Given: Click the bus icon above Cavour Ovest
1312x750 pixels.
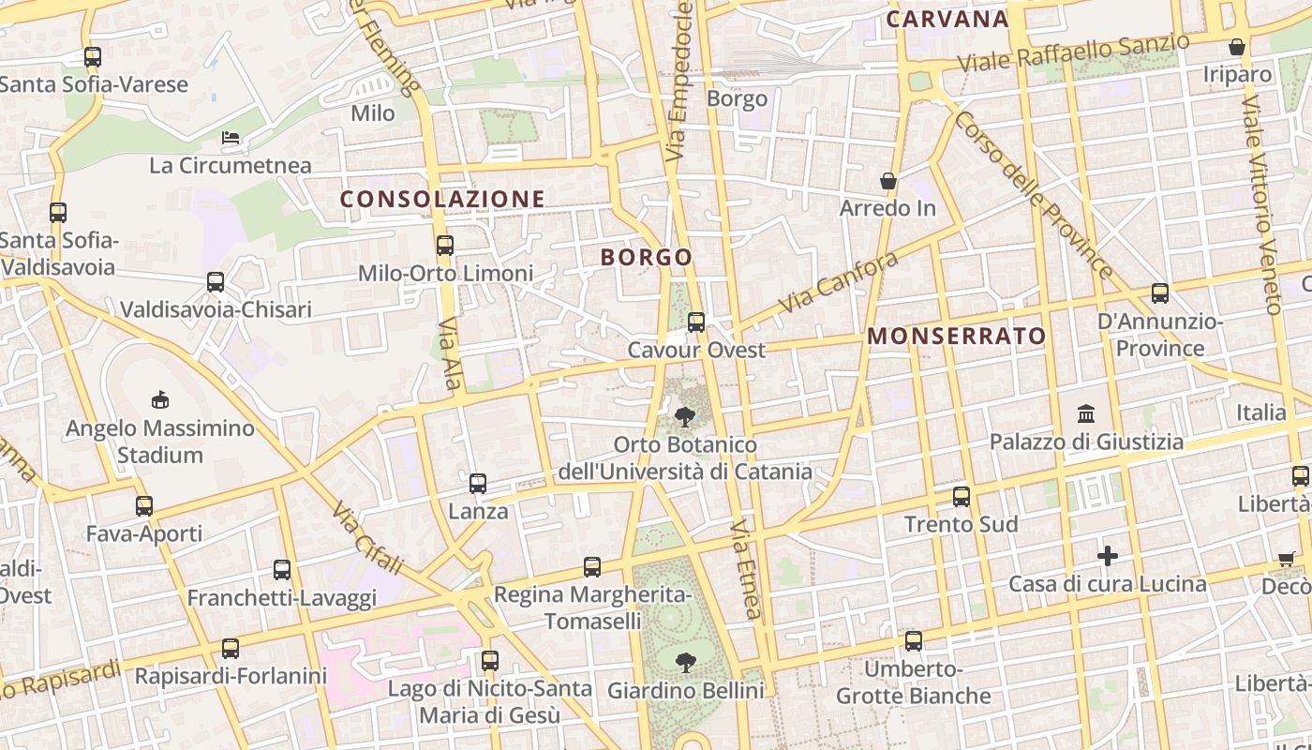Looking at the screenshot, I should tap(696, 322).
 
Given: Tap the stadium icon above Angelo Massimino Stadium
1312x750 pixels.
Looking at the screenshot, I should tap(160, 400).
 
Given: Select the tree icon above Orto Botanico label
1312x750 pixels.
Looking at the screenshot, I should tap(685, 416).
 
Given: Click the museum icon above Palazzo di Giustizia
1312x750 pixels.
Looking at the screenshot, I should tap(1086, 413).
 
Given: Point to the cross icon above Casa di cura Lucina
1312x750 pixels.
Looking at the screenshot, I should tap(1108, 556).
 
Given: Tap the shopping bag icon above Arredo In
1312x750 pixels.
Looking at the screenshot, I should tap(887, 181).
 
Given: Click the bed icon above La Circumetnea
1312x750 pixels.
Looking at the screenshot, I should tap(231, 139).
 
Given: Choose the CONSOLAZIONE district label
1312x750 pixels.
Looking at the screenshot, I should tap(442, 199).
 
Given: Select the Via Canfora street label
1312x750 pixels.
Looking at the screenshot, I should tap(838, 283).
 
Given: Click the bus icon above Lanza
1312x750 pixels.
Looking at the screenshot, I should tap(478, 484).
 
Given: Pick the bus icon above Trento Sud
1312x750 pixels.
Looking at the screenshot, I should tap(962, 497).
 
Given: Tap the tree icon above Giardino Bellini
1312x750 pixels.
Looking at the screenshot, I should tap(686, 663).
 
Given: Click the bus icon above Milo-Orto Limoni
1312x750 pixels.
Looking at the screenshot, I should tap(445, 246).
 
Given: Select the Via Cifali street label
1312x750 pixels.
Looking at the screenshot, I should tap(366, 538).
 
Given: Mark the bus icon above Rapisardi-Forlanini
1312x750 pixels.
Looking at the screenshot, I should tap(231, 648).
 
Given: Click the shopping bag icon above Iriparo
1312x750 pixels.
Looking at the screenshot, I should tap(1237, 47).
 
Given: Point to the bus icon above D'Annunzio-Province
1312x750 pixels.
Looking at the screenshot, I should tap(1160, 293).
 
